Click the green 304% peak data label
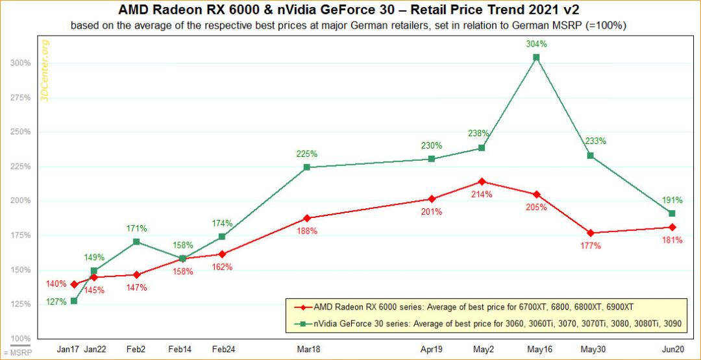[537, 44]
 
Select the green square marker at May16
[537, 57]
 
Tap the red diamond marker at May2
[482, 182]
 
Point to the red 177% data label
[591, 246]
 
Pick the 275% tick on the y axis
[21, 97]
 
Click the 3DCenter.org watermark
[45, 71]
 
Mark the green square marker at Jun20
[672, 213]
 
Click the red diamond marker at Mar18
[306, 218]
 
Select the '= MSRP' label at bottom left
[17, 353]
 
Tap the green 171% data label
[136, 229]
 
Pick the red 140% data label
[56, 283]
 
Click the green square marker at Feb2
[136, 242]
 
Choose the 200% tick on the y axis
[21, 200]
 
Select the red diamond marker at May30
[591, 233]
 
